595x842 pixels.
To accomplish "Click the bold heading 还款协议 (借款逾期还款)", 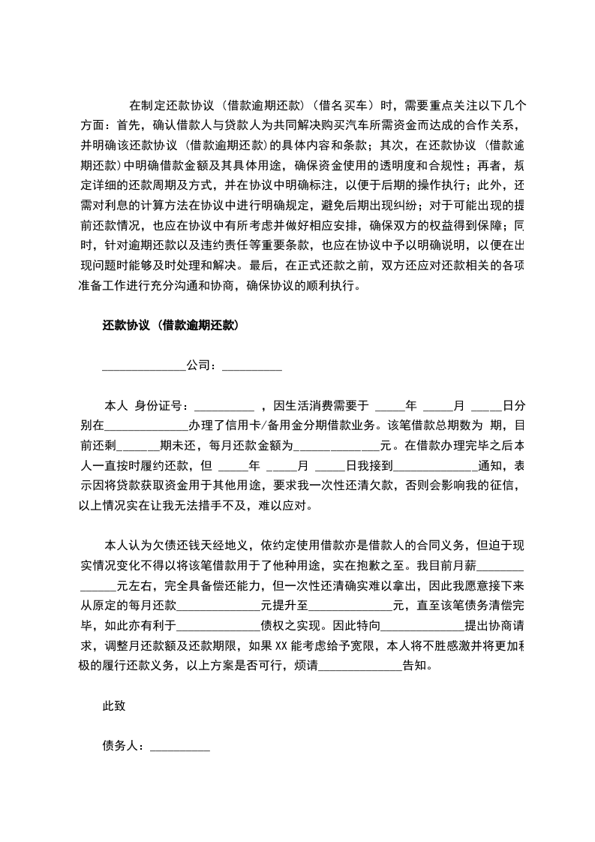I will pos(170,326).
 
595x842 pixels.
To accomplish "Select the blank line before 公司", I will pos(143,368).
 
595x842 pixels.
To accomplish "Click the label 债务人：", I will pos(125,746).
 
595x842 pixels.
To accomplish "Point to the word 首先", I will pos(128,124).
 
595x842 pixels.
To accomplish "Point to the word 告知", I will pos(417,665).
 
